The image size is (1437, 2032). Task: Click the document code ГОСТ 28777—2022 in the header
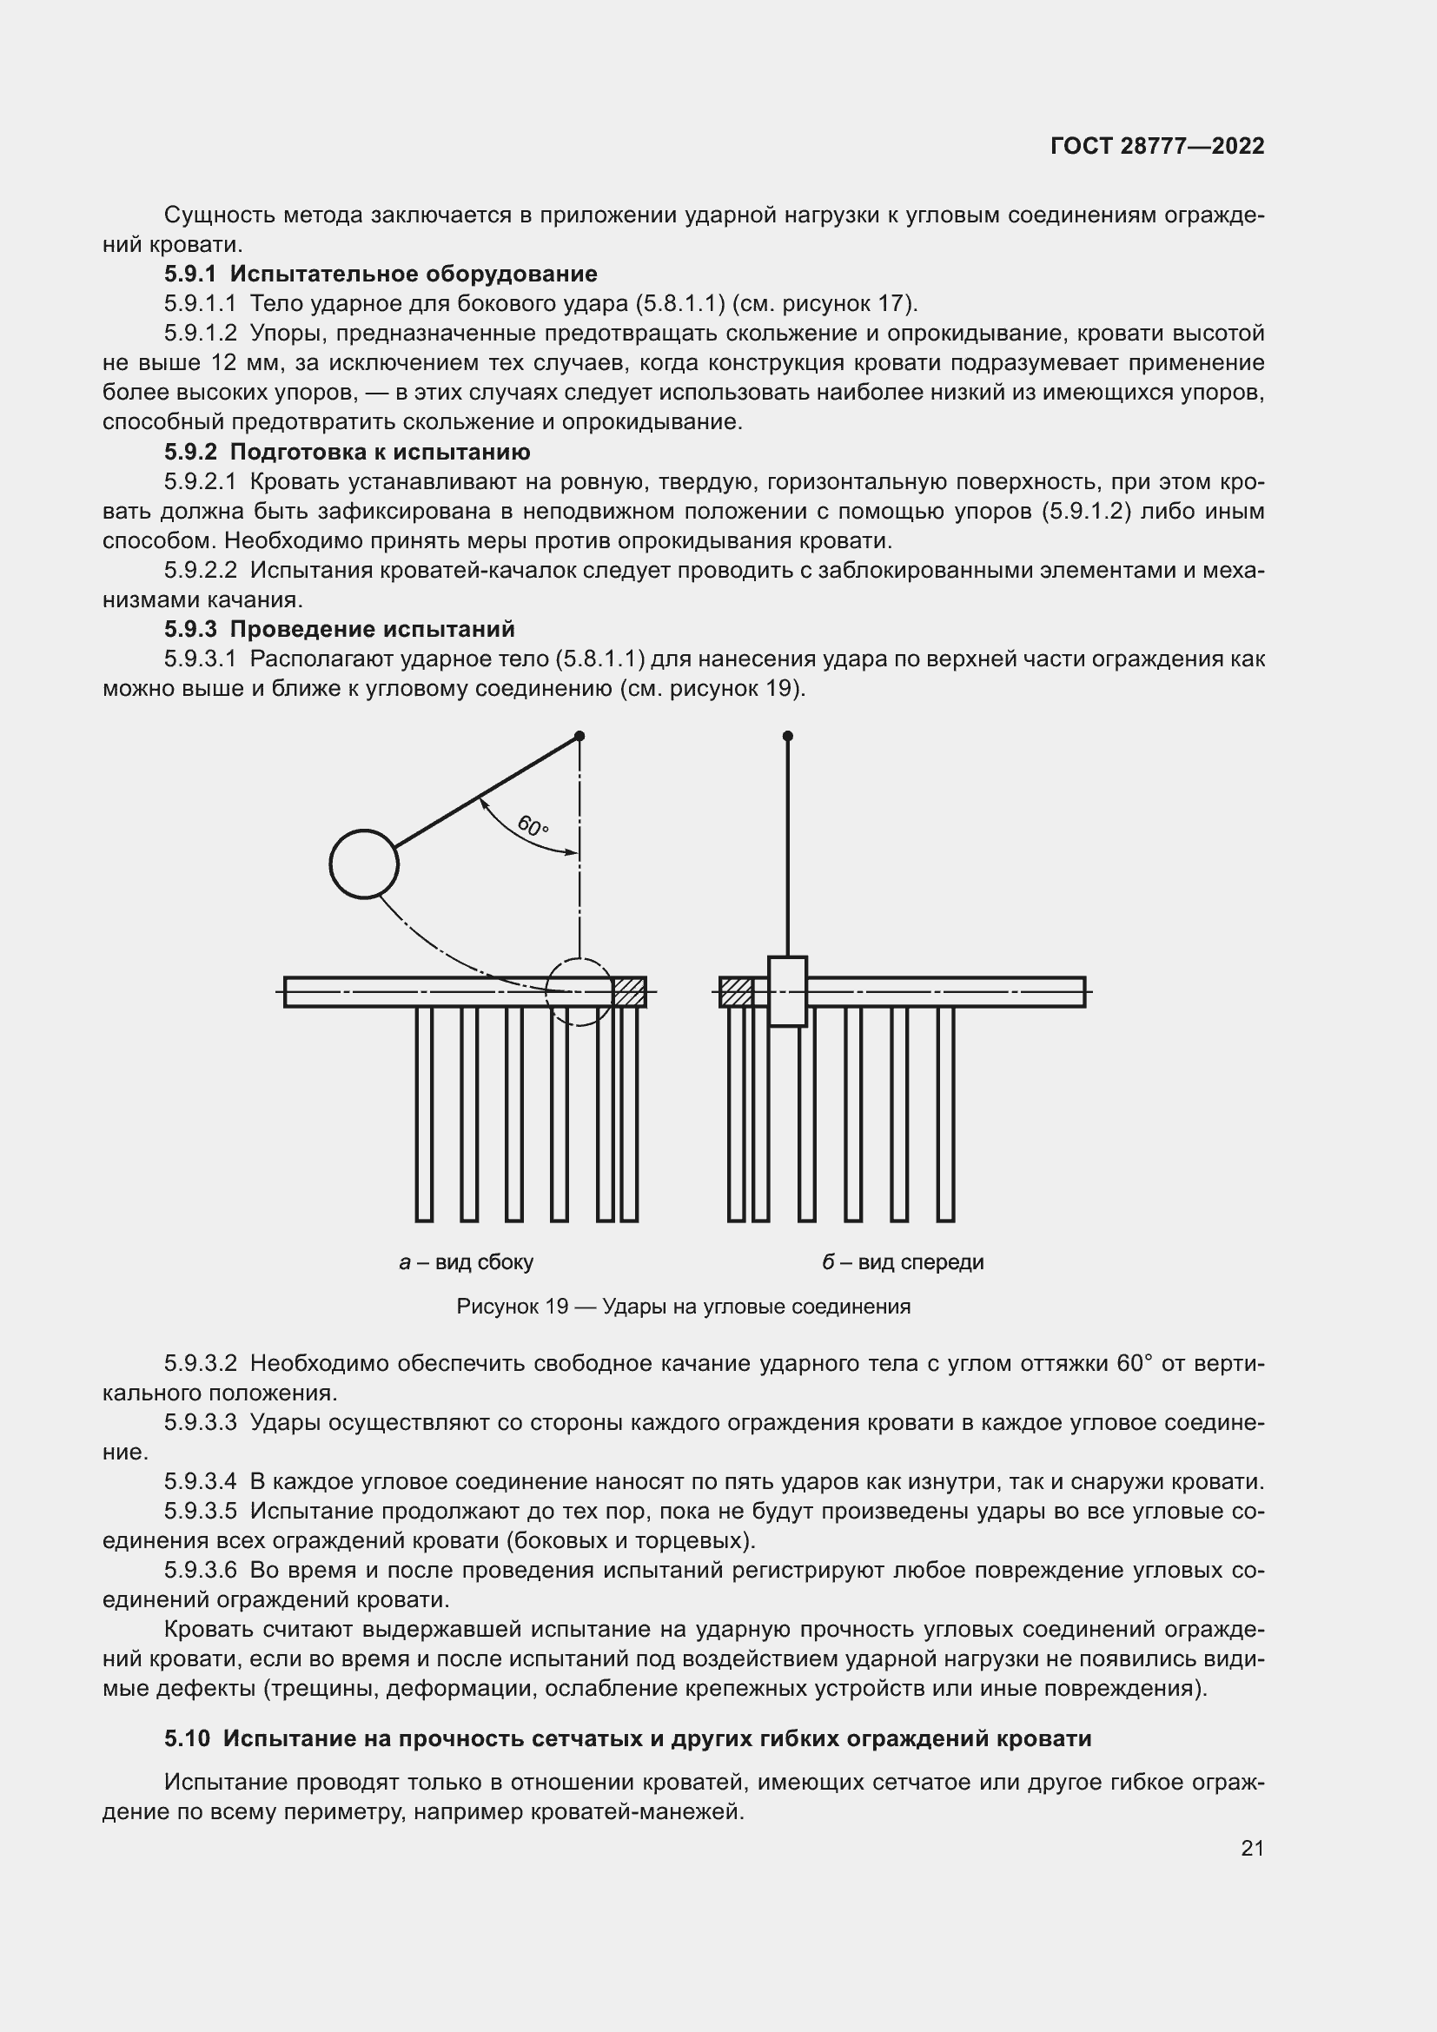pos(1156,146)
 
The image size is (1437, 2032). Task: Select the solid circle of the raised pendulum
pos(364,864)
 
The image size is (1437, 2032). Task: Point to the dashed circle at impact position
pos(579,992)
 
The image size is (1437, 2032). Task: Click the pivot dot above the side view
pos(579,736)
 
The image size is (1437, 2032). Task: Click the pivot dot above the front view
pos(787,736)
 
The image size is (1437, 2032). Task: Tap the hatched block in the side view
pos(629,992)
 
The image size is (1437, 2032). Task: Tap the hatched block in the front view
pos(735,992)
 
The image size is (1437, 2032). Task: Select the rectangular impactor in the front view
pos(787,991)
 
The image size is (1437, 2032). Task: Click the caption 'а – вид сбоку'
pos(467,1262)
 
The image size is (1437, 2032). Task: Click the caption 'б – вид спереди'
pos(903,1262)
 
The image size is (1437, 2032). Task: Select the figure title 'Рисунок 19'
pos(512,1307)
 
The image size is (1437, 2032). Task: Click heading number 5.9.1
pos(190,274)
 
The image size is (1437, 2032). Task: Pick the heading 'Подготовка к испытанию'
pos(380,453)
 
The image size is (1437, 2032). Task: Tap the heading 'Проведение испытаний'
pos(372,629)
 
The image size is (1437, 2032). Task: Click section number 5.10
pos(187,1738)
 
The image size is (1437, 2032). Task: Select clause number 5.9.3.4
pos(200,1481)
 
